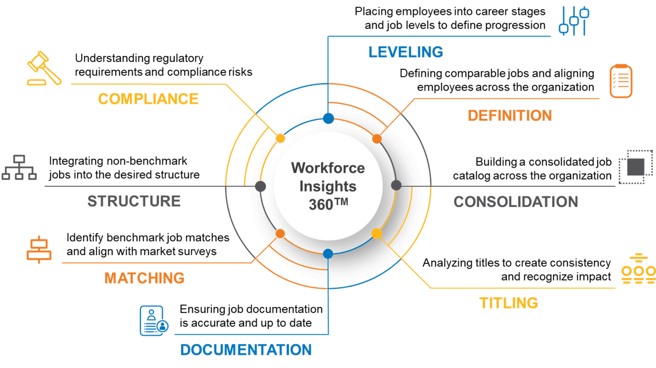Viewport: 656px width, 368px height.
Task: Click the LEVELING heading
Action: pos(406,52)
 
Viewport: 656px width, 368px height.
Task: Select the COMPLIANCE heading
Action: pos(148,99)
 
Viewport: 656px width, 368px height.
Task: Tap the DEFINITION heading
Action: pos(509,116)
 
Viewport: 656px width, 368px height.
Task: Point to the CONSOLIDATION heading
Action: pos(516,202)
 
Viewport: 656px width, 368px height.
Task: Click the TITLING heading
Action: pos(508,303)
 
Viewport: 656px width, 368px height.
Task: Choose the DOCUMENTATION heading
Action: pos(246,350)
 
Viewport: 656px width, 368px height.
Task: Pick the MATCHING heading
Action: pos(144,278)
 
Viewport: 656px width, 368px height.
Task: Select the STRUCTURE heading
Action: pos(134,201)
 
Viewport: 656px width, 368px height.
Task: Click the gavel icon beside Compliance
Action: pos(44,68)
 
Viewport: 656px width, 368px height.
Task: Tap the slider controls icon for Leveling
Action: pos(574,20)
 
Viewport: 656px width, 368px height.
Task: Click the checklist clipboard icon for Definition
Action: pos(620,81)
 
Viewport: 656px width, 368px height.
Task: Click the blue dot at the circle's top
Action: pos(328,118)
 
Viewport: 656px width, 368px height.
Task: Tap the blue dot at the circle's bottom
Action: pos(328,254)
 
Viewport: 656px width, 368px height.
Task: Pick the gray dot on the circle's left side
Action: pos(260,186)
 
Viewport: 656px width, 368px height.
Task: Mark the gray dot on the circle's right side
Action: pos(396,185)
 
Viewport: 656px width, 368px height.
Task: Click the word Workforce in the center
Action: pos(328,168)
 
